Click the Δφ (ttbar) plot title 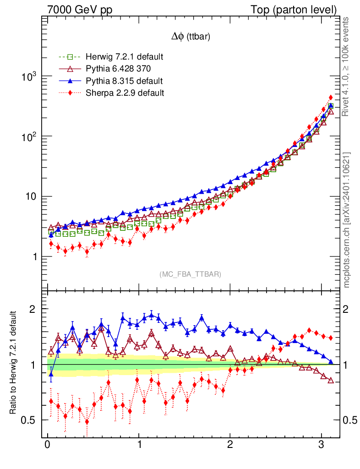click(191, 38)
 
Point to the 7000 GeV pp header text click(80, 10)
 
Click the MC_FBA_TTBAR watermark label click(191, 274)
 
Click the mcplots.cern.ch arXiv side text click(347, 220)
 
